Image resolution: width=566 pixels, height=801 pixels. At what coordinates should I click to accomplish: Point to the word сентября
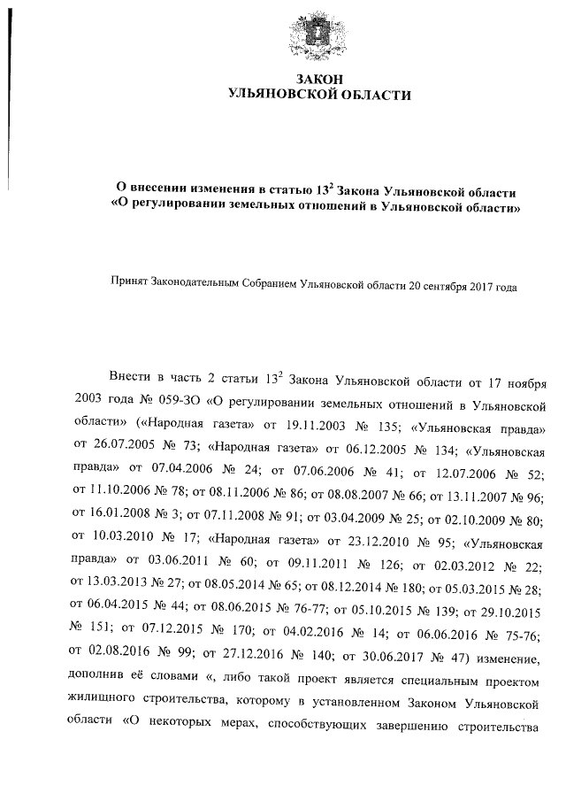coord(447,287)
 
